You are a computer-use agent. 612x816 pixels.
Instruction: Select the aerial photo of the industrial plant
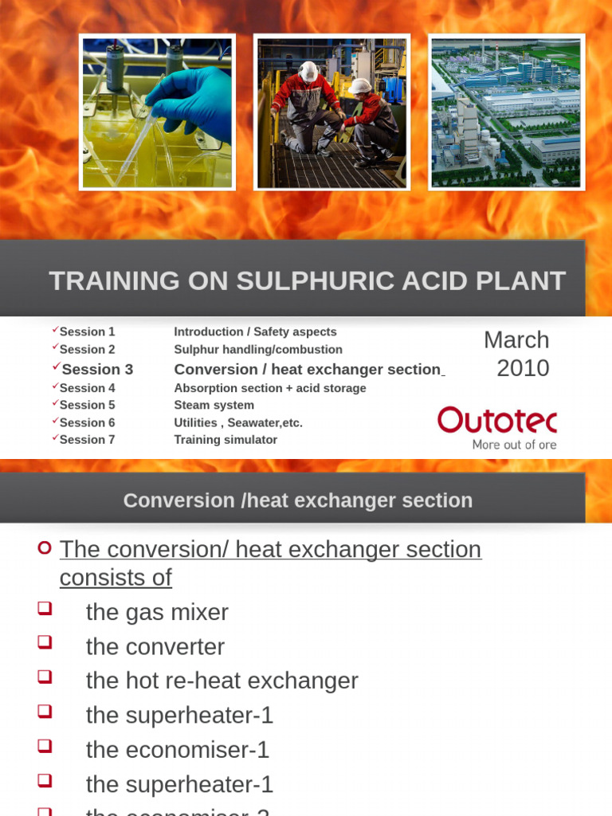(x=506, y=112)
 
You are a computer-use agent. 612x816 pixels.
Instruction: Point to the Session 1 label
(x=87, y=331)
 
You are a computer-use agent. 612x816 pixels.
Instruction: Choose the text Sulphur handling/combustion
(x=258, y=349)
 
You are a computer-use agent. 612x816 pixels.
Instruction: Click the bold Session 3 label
(x=97, y=369)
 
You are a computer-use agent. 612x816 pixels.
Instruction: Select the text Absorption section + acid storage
(x=270, y=388)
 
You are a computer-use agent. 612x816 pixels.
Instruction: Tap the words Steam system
(x=214, y=405)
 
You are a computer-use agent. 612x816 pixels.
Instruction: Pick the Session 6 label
(x=87, y=422)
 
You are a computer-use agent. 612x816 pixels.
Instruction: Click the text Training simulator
(x=226, y=439)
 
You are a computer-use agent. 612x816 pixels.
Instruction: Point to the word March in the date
(x=516, y=340)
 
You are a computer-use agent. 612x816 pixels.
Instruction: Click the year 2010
(x=523, y=368)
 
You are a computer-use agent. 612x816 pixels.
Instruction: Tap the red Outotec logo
(x=496, y=420)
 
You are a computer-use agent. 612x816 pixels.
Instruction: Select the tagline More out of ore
(x=514, y=445)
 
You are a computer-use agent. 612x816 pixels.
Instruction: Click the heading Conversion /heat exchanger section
(x=298, y=500)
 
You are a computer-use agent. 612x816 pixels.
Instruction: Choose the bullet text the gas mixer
(x=157, y=612)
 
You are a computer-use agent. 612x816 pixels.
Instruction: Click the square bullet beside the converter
(x=45, y=642)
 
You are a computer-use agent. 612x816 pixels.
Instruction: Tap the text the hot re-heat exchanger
(x=222, y=681)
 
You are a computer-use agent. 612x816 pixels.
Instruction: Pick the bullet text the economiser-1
(x=178, y=749)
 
